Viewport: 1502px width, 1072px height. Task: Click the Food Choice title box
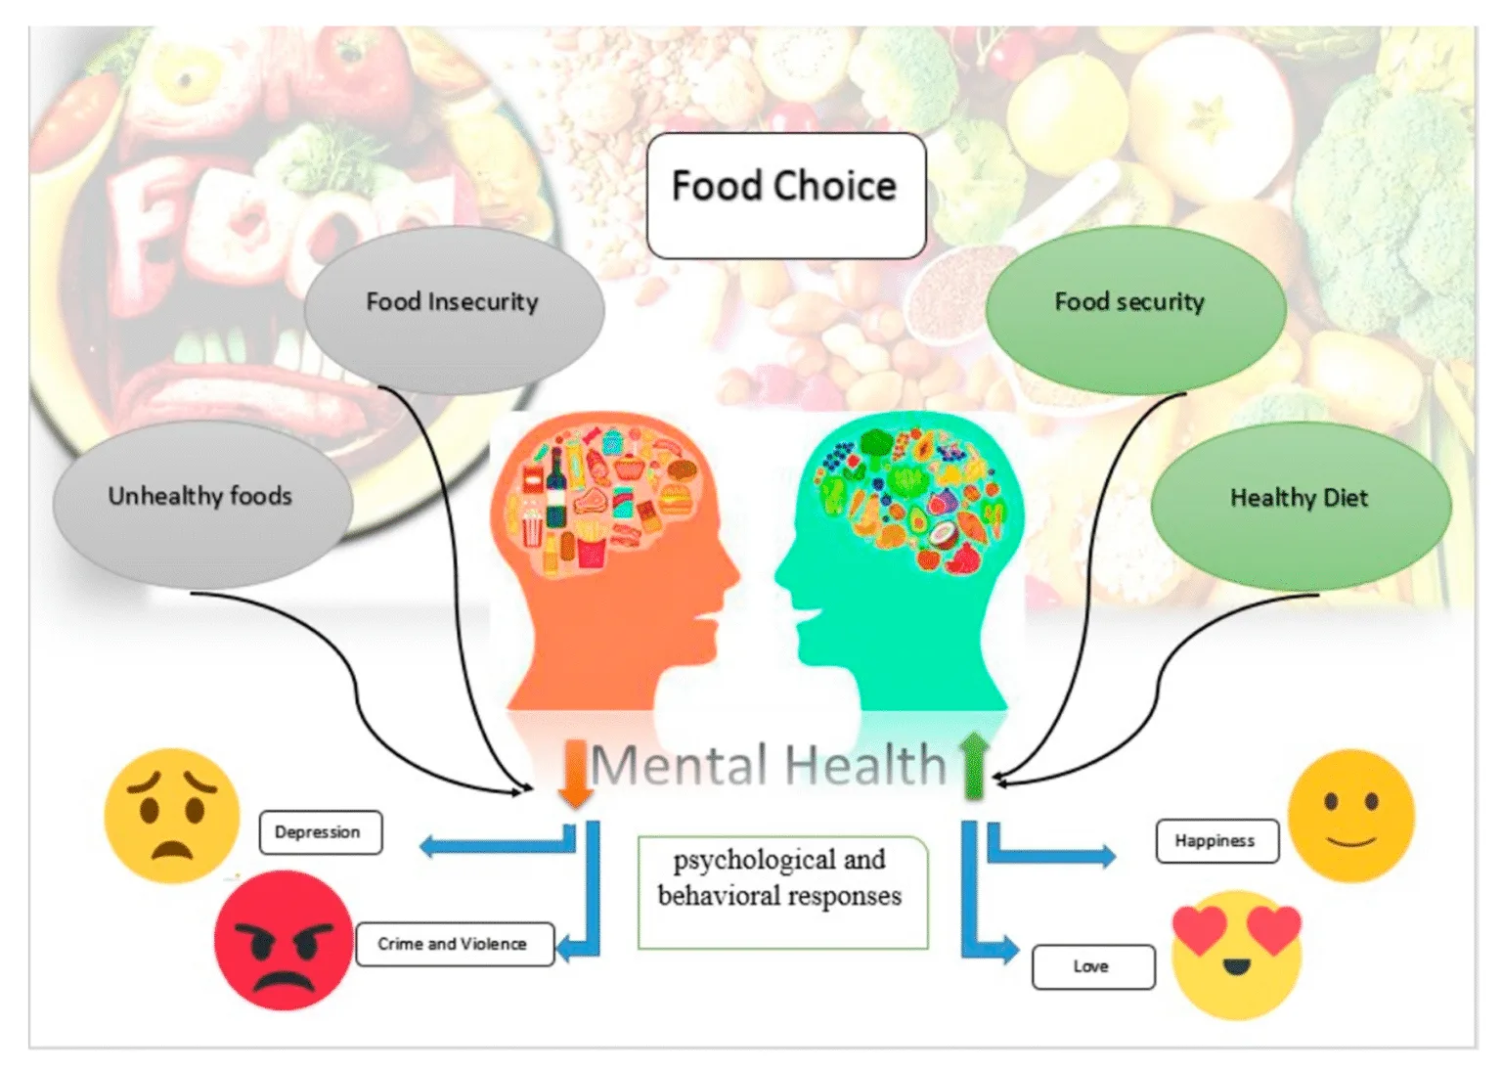(785, 196)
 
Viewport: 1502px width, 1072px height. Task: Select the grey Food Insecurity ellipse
(454, 309)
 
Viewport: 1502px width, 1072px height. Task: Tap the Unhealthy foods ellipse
(201, 503)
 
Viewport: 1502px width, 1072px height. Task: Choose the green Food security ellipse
(1134, 309)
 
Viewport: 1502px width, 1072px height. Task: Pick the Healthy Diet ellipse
(1301, 505)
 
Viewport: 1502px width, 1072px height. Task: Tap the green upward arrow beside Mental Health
(974, 765)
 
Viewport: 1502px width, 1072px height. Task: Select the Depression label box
(320, 832)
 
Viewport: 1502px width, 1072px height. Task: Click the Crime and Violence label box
(454, 944)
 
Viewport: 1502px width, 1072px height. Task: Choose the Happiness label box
(1216, 841)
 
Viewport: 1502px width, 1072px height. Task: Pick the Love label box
(1092, 966)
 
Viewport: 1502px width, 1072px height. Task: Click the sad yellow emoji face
(172, 816)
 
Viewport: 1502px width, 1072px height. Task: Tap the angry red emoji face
(283, 940)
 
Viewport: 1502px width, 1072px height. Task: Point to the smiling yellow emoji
(1350, 816)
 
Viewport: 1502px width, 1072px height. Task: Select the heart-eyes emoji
(1237, 954)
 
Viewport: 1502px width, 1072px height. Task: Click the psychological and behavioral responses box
(781, 892)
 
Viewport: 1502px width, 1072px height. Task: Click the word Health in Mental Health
(865, 765)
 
